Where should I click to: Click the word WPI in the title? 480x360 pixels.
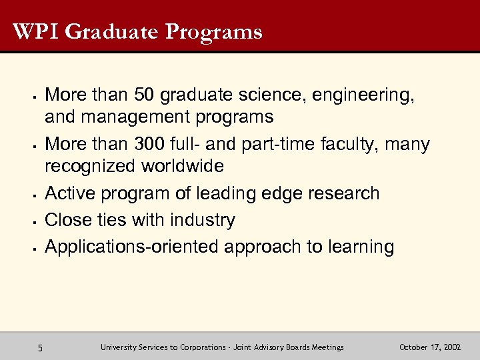point(33,31)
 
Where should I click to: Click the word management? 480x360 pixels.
point(131,118)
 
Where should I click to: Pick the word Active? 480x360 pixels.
point(69,194)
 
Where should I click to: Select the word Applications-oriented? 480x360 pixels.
point(133,247)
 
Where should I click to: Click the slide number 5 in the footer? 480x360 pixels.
point(41,347)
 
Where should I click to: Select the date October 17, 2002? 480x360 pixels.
point(430,347)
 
